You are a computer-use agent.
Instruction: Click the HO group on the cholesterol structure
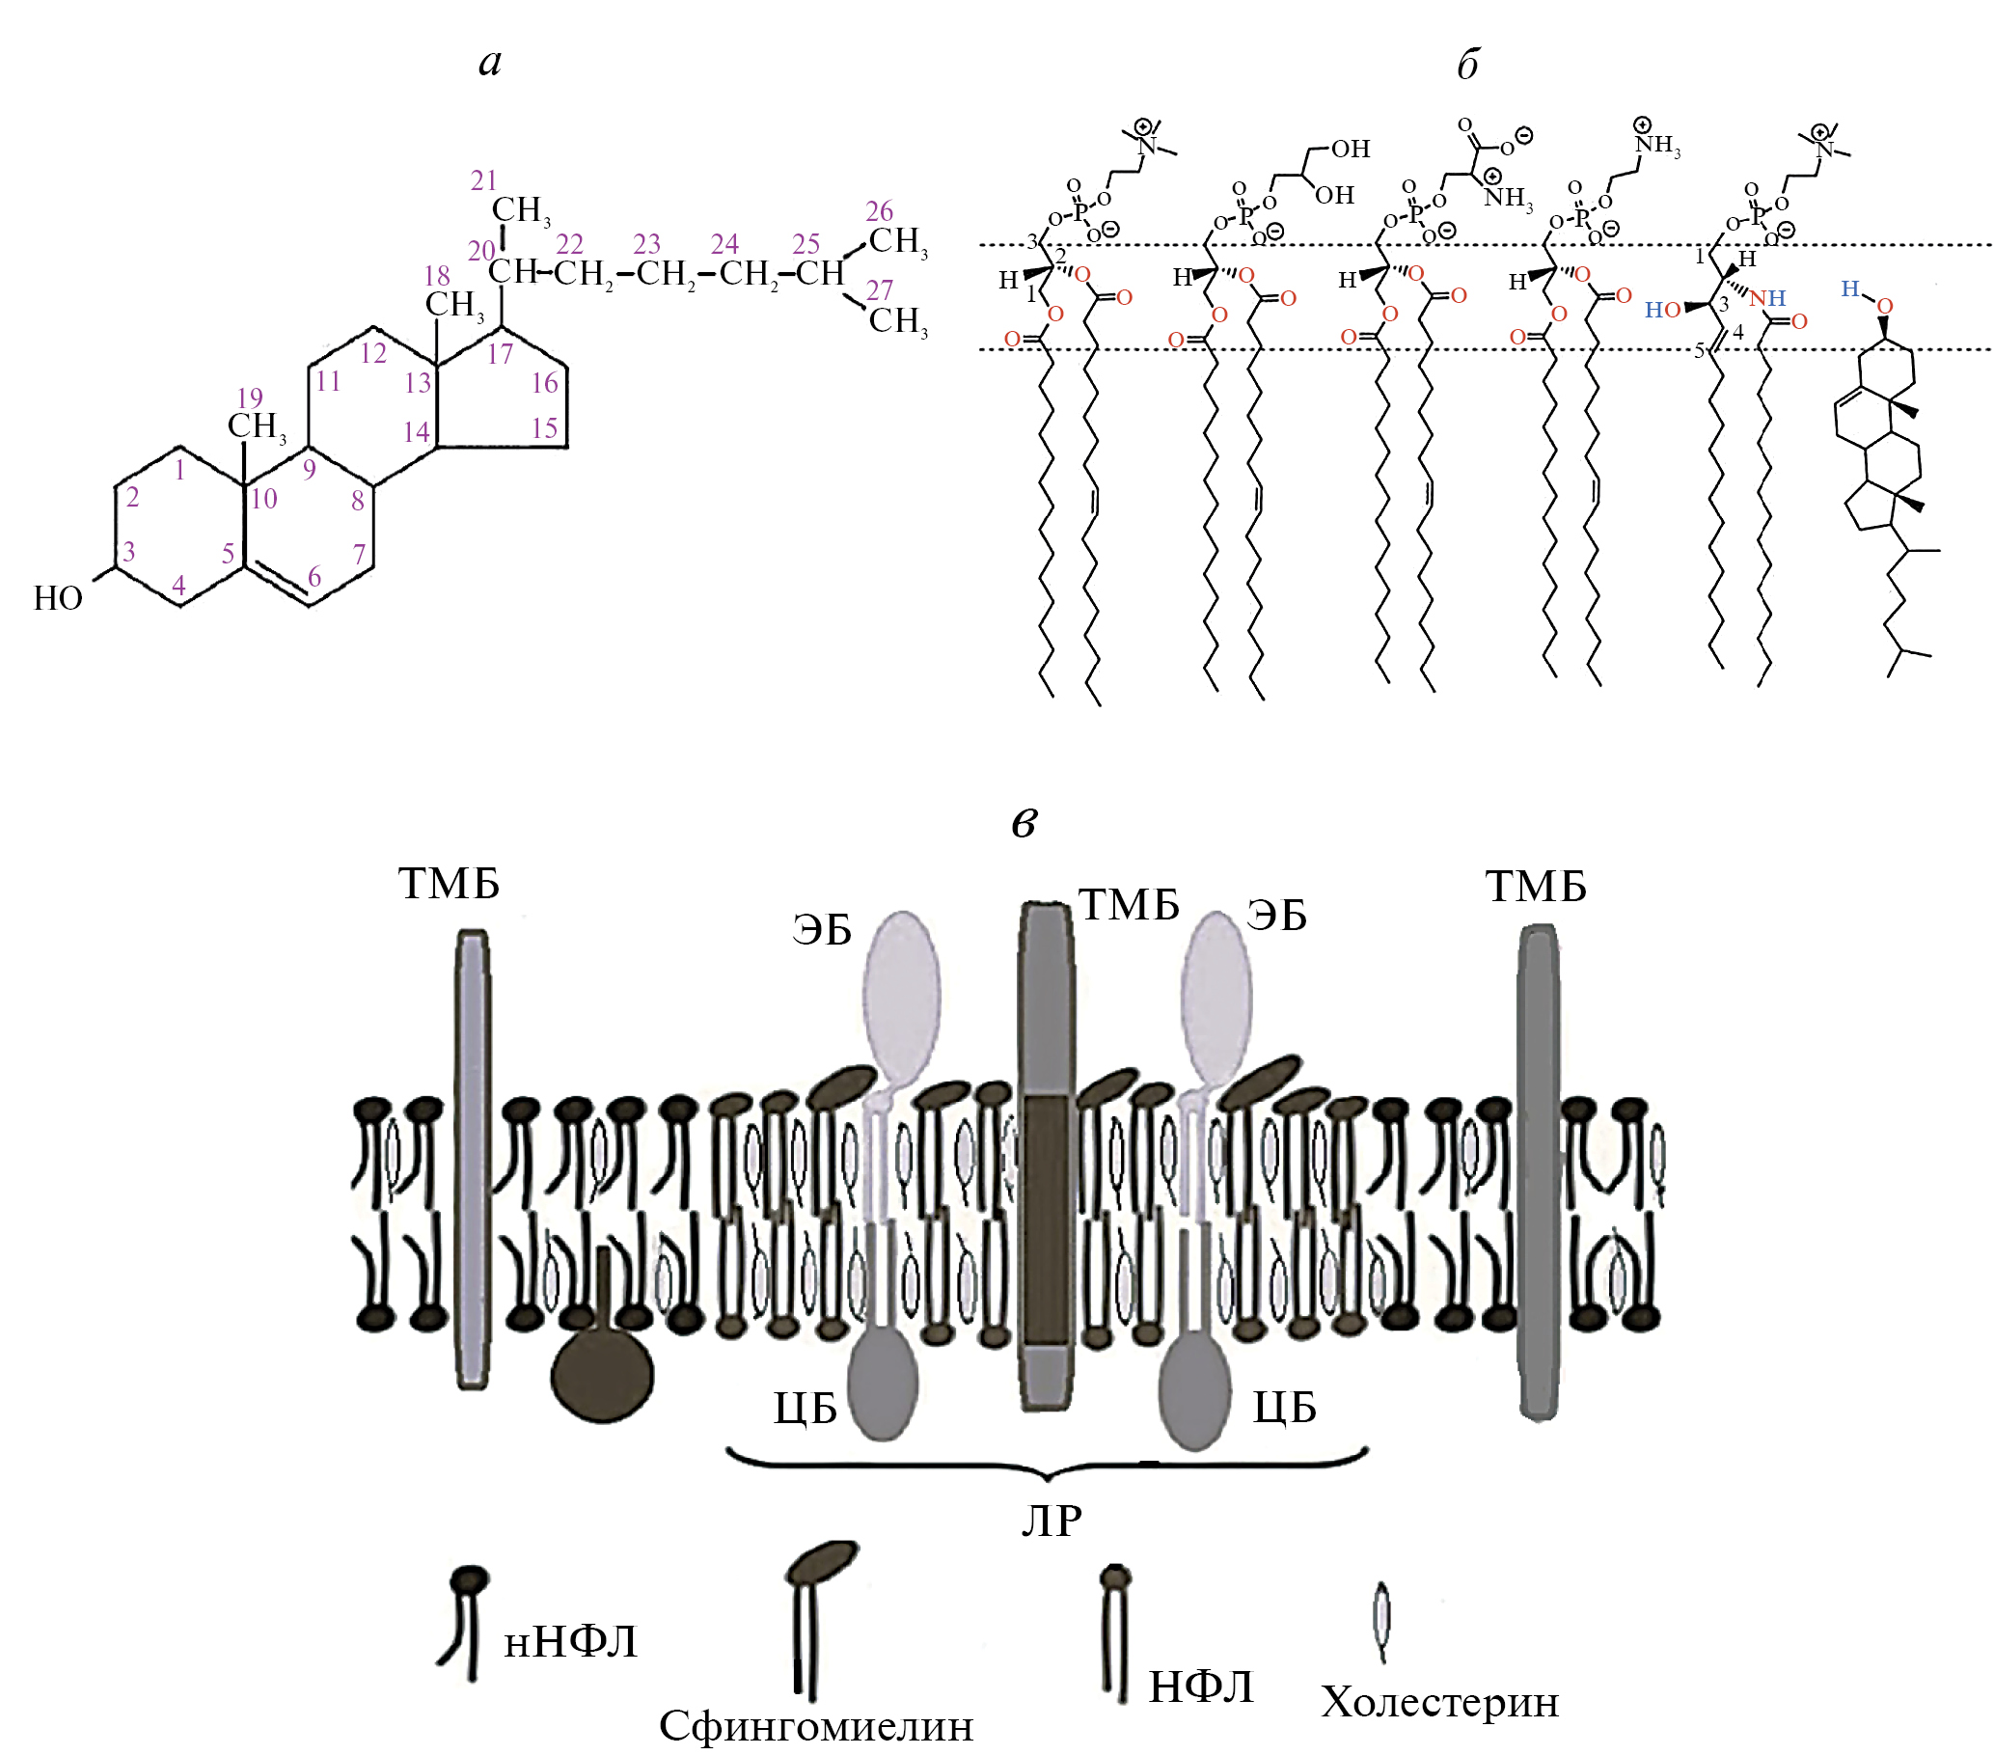tap(58, 598)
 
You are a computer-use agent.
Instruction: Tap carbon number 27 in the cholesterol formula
tap(879, 289)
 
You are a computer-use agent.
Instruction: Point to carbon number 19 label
tap(250, 398)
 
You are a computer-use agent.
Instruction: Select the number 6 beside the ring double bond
tap(314, 577)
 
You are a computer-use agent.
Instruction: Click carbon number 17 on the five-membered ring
tap(500, 354)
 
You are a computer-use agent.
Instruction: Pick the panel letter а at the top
tap(491, 63)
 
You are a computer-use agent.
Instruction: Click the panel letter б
tap(1467, 65)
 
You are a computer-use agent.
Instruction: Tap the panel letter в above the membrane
tap(1024, 822)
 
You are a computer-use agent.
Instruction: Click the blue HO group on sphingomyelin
tap(1662, 311)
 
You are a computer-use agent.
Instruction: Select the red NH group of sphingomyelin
tap(1766, 297)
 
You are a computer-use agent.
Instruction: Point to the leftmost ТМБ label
tap(449, 884)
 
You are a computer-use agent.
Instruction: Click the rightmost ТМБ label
tap(1536, 887)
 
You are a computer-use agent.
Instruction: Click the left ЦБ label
tap(805, 1408)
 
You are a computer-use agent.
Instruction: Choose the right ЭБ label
tap(1276, 915)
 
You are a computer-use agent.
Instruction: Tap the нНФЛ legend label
tap(571, 1642)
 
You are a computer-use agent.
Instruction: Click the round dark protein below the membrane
tap(602, 1375)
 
